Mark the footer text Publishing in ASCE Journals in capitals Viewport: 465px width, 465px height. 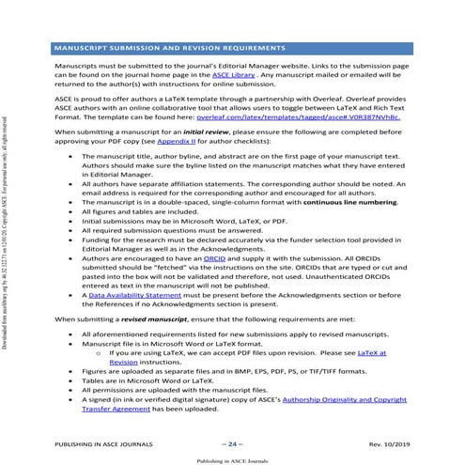(94, 442)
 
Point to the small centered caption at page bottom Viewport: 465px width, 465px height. (232, 460)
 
